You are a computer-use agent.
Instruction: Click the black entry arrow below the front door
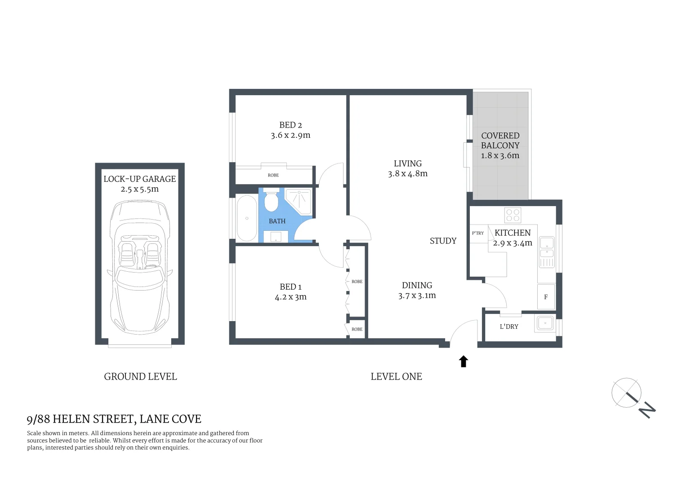464,362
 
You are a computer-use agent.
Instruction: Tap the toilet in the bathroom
271,202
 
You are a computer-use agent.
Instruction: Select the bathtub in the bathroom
246,218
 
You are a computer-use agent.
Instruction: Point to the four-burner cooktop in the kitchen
513,215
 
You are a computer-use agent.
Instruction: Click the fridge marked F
546,297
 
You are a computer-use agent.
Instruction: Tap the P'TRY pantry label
478,233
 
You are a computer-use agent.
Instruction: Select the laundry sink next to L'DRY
545,323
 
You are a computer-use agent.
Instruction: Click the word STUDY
443,241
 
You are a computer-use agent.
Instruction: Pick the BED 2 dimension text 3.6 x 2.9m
290,135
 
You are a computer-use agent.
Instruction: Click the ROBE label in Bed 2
273,175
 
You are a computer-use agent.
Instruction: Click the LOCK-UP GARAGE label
140,179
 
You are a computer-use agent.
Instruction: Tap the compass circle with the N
626,393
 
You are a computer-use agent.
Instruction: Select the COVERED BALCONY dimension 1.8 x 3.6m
500,155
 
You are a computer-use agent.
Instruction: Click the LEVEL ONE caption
396,377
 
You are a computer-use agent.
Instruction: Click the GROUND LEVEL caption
140,377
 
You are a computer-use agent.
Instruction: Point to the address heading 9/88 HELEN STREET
114,419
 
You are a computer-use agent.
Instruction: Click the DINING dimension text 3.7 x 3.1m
417,295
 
